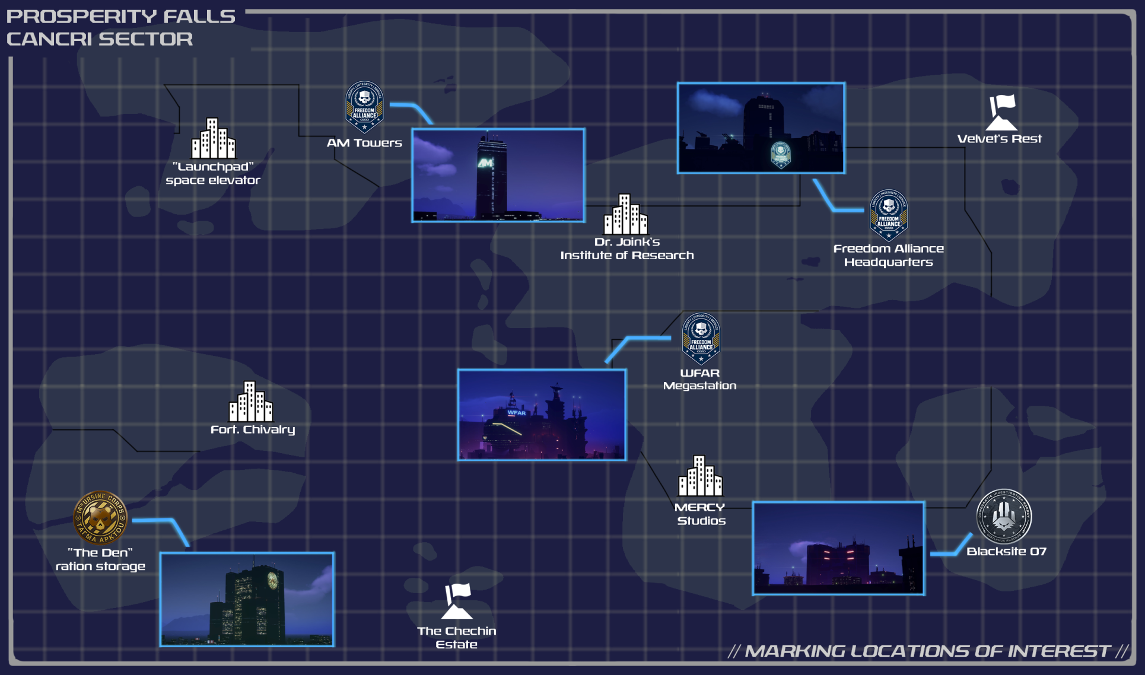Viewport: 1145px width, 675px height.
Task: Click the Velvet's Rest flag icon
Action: pyautogui.click(x=1001, y=112)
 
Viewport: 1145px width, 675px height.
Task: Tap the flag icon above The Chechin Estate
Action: pyautogui.click(x=457, y=600)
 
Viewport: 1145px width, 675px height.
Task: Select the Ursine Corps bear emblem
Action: pyautogui.click(x=100, y=517)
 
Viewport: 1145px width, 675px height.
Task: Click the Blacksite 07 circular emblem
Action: pyautogui.click(x=1004, y=516)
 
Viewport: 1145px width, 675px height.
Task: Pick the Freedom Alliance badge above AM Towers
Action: pyautogui.click(x=364, y=107)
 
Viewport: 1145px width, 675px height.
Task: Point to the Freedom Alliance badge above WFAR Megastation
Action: pyautogui.click(x=701, y=338)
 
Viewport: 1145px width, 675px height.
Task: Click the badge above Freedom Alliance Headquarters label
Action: pyautogui.click(x=888, y=215)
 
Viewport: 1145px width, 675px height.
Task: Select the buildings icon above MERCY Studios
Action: pyautogui.click(x=700, y=476)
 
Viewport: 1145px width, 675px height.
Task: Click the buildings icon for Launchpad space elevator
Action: pyautogui.click(x=213, y=138)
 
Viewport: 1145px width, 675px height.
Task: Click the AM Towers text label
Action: pyautogui.click(x=364, y=143)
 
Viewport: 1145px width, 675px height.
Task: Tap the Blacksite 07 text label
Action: pyautogui.click(x=1006, y=552)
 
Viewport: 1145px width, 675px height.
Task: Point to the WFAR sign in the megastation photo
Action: pyautogui.click(x=516, y=413)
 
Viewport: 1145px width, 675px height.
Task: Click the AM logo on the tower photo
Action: pyautogui.click(x=485, y=163)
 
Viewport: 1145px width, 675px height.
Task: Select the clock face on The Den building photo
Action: pyautogui.click(x=272, y=580)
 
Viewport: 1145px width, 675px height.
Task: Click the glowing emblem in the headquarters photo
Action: pyautogui.click(x=780, y=154)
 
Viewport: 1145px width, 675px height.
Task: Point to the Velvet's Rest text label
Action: pyautogui.click(x=999, y=139)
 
